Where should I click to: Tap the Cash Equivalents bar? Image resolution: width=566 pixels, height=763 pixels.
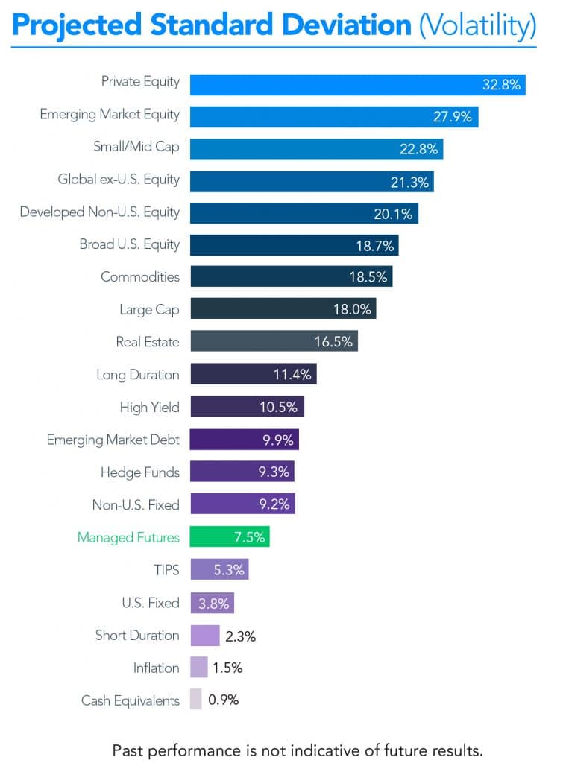pos(196,700)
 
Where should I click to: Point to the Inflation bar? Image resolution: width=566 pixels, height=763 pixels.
pos(199,667)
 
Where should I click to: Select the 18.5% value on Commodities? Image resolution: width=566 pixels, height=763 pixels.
pos(368,276)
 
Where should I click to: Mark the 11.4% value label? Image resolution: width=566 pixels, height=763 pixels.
pos(292,374)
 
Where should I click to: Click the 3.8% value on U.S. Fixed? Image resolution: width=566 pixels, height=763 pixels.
pos(215,603)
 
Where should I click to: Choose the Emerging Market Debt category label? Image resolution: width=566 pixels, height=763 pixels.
pos(113,440)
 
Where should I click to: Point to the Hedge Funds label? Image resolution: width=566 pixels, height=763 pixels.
pos(140,472)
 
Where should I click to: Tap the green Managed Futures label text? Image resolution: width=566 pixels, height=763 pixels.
pos(128,537)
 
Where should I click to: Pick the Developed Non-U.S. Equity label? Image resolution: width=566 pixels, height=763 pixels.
pos(100,212)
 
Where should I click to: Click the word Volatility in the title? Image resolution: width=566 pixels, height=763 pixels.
pos(477,27)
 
